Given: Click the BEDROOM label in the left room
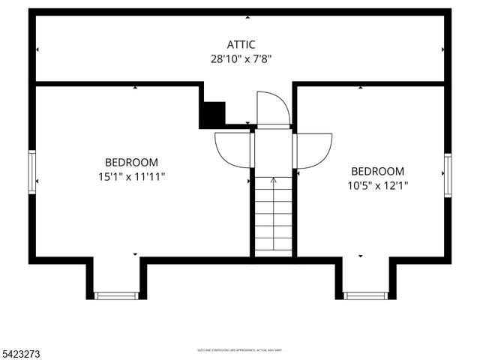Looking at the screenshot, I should (131, 162).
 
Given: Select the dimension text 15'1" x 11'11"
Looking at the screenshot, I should (131, 176).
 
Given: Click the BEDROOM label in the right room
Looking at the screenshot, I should (377, 171).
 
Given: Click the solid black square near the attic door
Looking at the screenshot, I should (213, 113).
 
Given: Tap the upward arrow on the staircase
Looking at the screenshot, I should (273, 181).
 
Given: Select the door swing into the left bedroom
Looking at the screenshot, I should (232, 150).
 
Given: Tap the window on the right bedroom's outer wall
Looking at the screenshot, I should (447, 175).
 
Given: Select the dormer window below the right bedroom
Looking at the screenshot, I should (366, 295).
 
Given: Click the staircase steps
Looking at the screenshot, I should (273, 217).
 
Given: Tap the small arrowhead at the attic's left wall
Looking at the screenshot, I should (37, 49).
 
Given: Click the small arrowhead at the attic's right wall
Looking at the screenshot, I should (442, 49).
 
